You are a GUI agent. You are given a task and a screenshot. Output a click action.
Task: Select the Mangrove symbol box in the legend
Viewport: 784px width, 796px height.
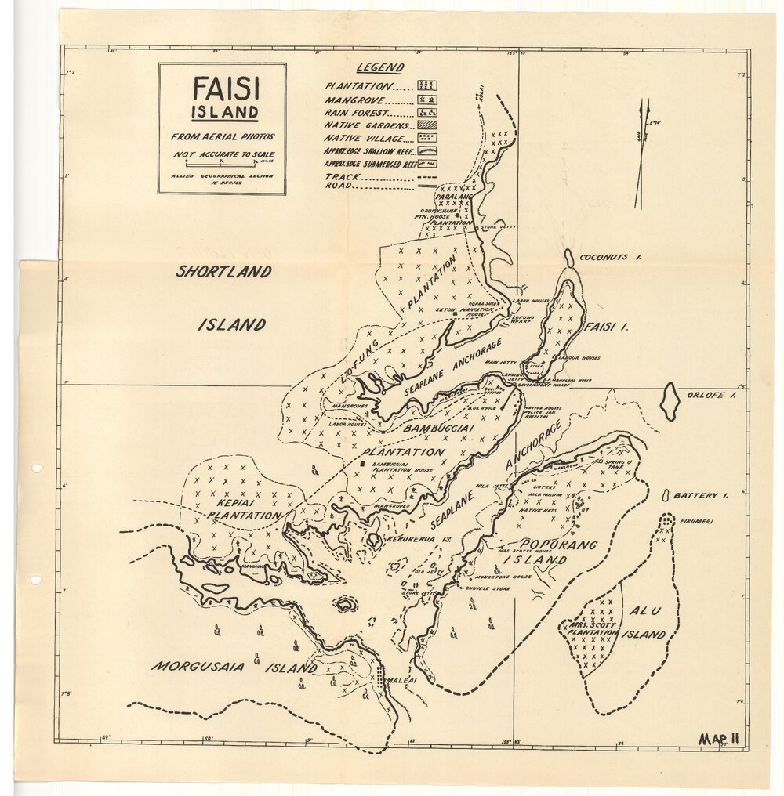(427, 99)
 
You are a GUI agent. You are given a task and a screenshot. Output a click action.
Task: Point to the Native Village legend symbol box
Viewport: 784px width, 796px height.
(427, 137)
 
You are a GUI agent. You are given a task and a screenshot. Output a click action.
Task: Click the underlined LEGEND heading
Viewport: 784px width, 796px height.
(380, 68)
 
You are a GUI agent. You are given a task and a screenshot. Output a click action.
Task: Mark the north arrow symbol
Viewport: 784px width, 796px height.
(643, 153)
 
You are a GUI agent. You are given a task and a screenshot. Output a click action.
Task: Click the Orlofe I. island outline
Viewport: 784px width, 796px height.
(669, 401)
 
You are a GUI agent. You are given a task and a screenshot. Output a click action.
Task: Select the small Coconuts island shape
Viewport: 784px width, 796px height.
(569, 258)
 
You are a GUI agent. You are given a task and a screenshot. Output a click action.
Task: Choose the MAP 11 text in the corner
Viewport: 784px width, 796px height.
(720, 738)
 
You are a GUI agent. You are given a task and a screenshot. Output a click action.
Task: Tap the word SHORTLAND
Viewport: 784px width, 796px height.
(223, 272)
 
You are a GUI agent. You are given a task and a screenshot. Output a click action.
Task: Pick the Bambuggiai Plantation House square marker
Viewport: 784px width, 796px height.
(363, 465)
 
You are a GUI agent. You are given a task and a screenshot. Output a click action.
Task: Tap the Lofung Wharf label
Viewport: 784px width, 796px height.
(539, 320)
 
